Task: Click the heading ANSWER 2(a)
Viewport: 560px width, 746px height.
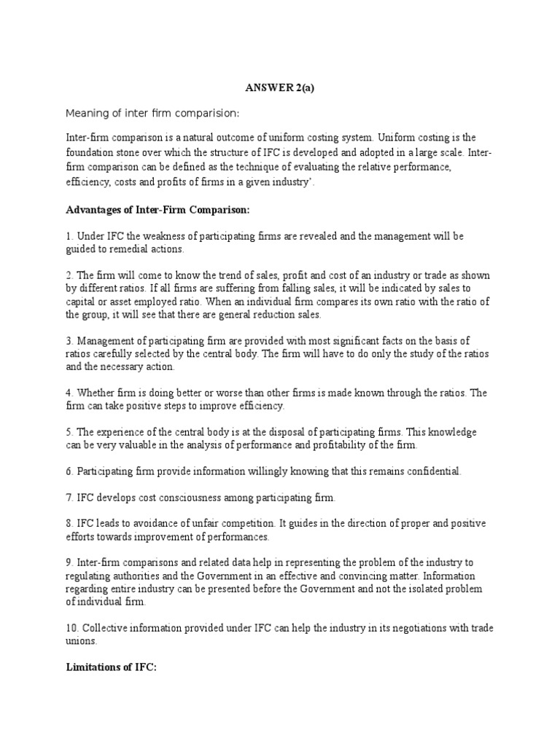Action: tap(279, 88)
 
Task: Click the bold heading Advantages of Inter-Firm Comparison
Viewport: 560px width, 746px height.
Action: tap(157, 210)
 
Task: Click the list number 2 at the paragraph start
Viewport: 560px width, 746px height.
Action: tap(69, 276)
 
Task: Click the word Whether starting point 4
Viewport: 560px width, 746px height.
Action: tap(97, 393)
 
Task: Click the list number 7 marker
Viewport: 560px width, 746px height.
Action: tap(69, 498)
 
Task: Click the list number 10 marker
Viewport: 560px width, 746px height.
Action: tap(71, 628)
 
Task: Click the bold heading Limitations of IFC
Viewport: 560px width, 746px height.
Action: tap(111, 667)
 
